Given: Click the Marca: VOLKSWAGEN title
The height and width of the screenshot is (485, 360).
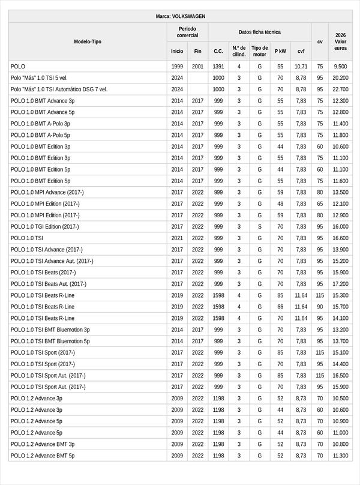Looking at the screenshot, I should (x=180, y=16).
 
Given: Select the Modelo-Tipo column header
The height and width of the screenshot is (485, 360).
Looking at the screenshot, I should (x=88, y=41).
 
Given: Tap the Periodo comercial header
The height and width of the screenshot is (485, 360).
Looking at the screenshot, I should (x=187, y=32).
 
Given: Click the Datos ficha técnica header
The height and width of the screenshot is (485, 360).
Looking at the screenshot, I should (x=259, y=32).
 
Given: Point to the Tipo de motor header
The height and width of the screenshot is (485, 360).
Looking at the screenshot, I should (x=259, y=51).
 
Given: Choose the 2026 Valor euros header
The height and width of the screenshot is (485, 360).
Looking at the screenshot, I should (x=340, y=41).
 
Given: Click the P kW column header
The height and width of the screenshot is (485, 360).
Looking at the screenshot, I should (x=280, y=51).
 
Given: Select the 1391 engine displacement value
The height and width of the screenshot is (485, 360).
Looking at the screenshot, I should (x=218, y=67).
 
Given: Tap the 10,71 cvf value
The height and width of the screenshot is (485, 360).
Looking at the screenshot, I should (x=301, y=67).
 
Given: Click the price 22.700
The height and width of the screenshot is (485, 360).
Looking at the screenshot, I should (x=340, y=89).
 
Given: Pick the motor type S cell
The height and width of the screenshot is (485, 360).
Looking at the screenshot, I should (x=259, y=227).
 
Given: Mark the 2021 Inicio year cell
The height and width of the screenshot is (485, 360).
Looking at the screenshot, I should (x=177, y=238).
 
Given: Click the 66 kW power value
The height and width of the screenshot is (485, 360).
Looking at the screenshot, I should (x=280, y=307).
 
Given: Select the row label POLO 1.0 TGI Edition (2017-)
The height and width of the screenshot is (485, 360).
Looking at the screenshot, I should (x=44, y=227).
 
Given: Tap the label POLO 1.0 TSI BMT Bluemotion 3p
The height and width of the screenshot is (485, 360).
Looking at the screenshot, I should (x=50, y=330).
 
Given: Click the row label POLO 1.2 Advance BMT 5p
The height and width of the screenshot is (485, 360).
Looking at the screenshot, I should (x=43, y=456).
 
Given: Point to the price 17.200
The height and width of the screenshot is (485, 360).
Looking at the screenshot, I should (x=340, y=284).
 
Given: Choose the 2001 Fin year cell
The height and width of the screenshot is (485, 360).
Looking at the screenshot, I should (x=198, y=67).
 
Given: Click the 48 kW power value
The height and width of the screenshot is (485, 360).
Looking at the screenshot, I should (x=280, y=204).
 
